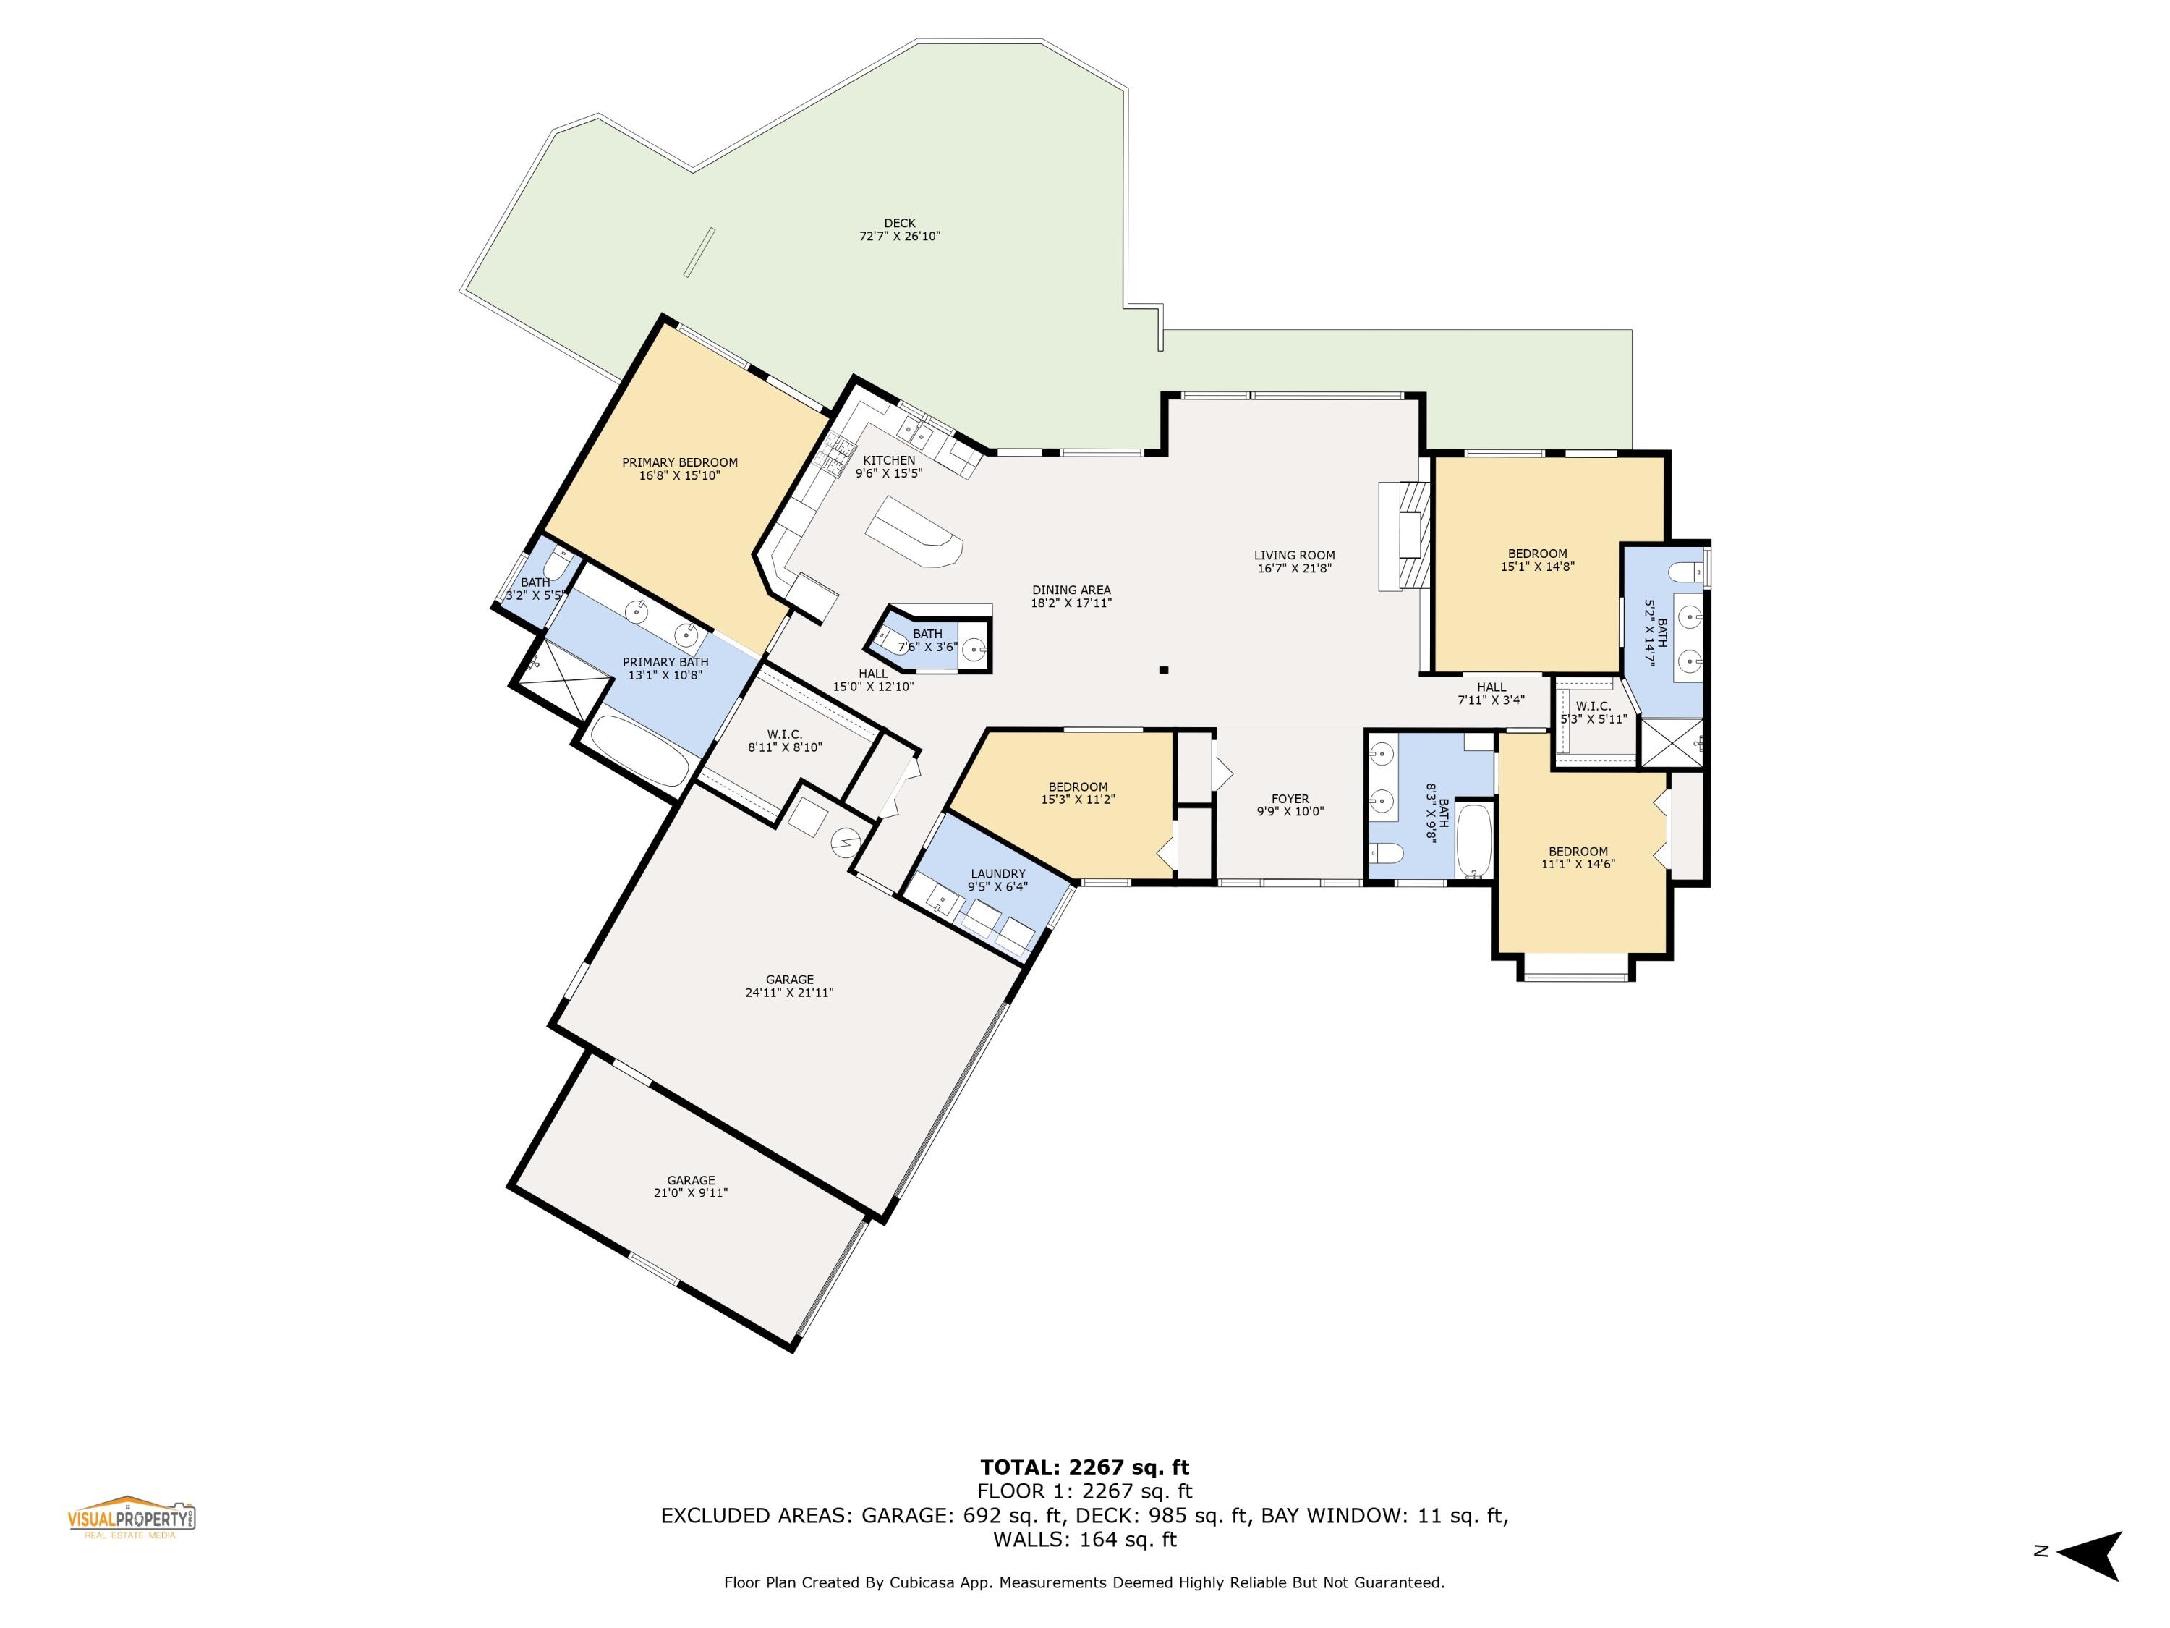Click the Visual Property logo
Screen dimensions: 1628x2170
point(132,1517)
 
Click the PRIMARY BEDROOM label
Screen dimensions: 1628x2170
point(679,462)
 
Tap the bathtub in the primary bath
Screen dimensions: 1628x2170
point(639,751)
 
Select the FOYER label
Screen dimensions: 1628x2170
point(1290,799)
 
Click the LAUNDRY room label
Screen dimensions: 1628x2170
point(997,873)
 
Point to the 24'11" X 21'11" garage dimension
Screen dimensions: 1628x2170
point(788,992)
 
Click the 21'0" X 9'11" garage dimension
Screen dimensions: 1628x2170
point(691,1192)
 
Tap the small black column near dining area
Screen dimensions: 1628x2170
point(1163,670)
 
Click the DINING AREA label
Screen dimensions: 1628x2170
point(1071,590)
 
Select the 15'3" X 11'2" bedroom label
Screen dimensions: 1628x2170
point(1078,799)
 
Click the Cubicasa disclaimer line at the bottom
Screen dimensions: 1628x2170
point(1084,1582)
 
